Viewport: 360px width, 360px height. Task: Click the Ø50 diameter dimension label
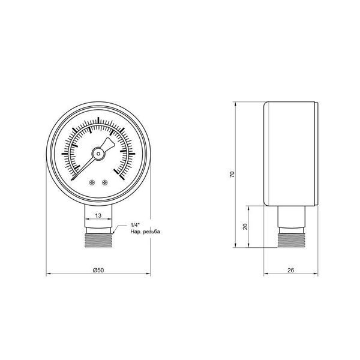tap(98, 270)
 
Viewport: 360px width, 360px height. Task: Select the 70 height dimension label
tap(232, 174)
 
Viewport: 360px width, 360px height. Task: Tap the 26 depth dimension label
tap(290, 270)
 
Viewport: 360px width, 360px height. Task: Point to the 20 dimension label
tap(245, 226)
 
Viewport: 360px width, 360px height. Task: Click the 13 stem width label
tap(98, 215)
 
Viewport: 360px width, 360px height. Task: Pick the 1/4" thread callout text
tap(135, 225)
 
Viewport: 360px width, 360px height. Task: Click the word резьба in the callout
tap(151, 232)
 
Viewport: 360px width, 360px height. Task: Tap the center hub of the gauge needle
tap(98, 154)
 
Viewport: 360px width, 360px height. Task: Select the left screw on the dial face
tap(92, 182)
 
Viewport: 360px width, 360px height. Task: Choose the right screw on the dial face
tap(105, 182)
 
